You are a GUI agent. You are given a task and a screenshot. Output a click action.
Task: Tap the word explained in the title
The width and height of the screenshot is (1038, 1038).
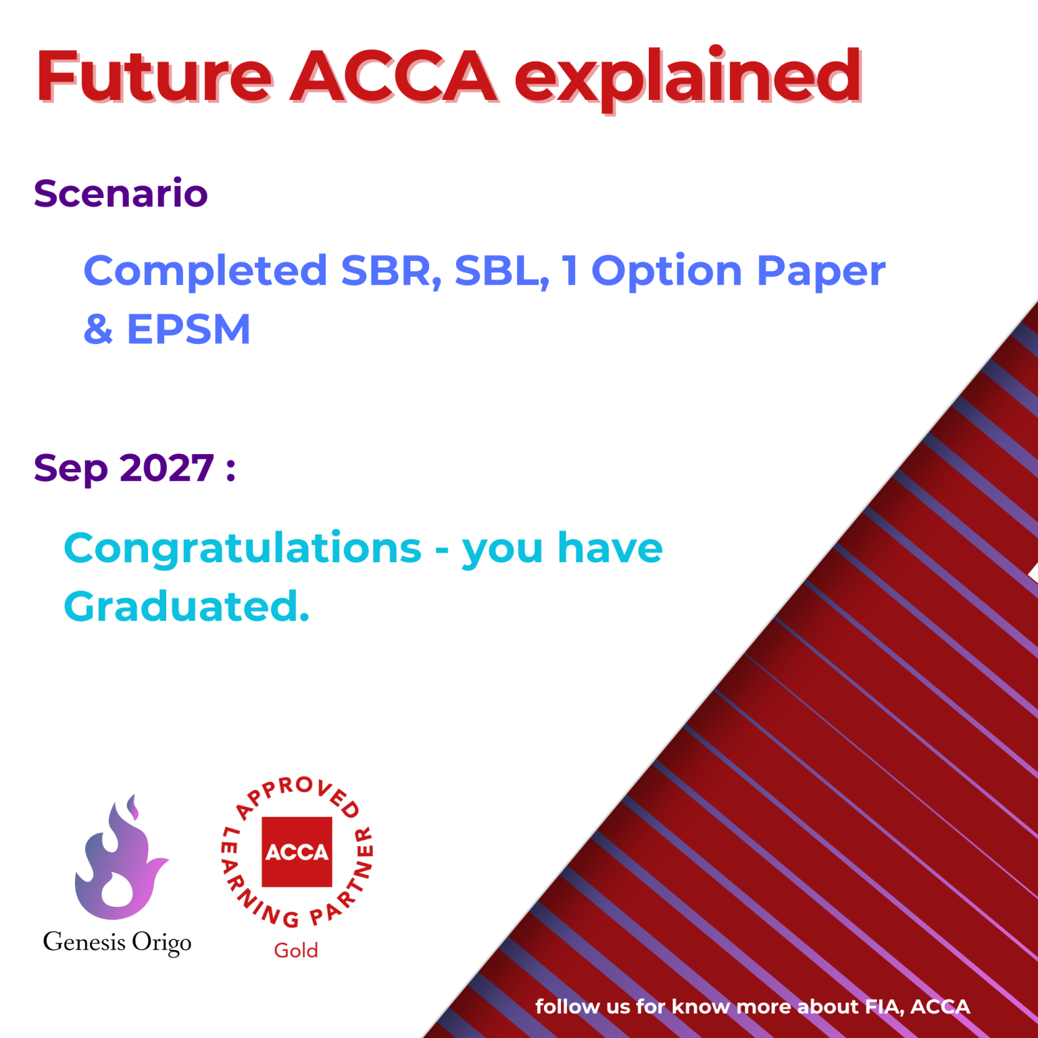pyautogui.click(x=688, y=78)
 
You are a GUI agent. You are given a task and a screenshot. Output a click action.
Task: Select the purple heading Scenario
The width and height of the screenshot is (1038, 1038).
pyautogui.click(x=121, y=193)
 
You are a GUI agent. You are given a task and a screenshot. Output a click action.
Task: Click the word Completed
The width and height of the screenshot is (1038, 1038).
pyautogui.click(x=205, y=271)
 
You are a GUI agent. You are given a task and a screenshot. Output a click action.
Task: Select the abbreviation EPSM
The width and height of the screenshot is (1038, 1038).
pyautogui.click(x=189, y=330)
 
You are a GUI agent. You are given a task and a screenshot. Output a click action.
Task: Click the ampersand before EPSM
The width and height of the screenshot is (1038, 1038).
pyautogui.click(x=99, y=330)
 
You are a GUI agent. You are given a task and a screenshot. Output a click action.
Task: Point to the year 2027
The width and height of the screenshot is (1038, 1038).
pyautogui.click(x=167, y=468)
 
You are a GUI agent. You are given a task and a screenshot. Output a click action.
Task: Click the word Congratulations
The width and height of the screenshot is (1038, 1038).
pyautogui.click(x=243, y=549)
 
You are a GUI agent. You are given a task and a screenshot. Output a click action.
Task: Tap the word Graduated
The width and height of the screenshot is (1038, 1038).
pyautogui.click(x=187, y=606)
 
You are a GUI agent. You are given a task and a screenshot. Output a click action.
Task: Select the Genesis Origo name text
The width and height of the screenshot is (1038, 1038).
pyautogui.click(x=117, y=942)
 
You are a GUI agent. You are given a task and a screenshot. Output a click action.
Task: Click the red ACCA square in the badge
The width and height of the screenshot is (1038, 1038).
pyautogui.click(x=297, y=851)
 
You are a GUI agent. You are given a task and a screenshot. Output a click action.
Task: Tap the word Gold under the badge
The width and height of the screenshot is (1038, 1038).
pyautogui.click(x=296, y=951)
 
